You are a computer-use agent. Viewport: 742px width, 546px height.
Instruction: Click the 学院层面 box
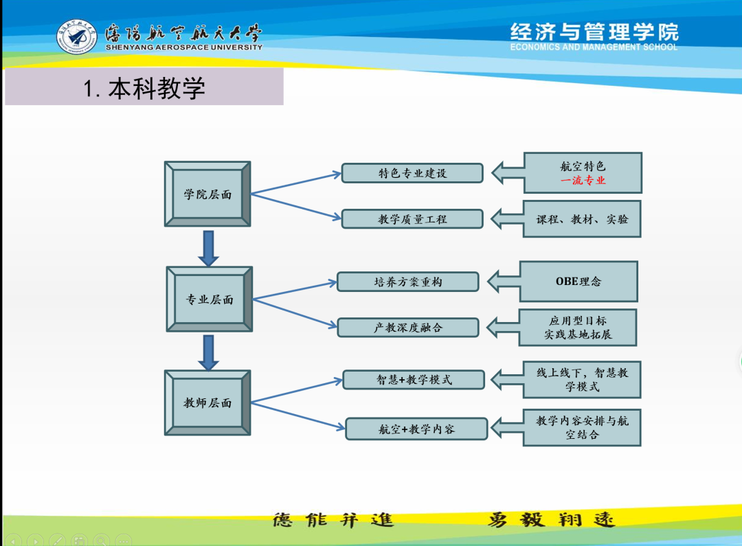point(207,194)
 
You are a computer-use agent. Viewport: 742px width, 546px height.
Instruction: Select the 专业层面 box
point(210,299)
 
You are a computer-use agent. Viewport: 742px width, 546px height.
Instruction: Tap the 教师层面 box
point(207,403)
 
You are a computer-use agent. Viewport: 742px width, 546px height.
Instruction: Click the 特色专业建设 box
point(412,173)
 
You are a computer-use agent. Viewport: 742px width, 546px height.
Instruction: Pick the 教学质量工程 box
point(412,219)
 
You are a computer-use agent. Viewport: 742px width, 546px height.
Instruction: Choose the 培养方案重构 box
point(408,282)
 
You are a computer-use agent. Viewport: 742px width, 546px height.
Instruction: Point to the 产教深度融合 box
point(408,328)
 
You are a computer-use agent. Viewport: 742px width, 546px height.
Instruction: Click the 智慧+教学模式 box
point(414,380)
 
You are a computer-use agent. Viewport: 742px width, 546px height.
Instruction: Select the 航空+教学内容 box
point(416,429)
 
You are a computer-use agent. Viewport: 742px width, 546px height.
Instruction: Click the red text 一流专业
point(583,181)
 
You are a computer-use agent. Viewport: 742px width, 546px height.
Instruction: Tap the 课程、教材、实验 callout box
point(583,219)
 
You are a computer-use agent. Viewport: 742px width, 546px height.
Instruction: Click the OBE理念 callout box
point(578,282)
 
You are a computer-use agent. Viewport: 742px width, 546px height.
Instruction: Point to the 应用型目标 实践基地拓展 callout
point(578,328)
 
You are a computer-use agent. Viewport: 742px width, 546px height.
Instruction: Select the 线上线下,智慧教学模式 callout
point(582,380)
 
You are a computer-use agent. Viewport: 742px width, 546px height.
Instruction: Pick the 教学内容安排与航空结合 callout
point(582,427)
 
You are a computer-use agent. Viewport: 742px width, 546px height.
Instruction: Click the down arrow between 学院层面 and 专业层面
point(208,248)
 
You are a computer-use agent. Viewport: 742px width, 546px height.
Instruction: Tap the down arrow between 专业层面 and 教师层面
point(208,352)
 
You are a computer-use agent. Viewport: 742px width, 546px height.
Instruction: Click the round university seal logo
point(77,37)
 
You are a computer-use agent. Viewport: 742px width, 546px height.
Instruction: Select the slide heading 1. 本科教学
point(144,88)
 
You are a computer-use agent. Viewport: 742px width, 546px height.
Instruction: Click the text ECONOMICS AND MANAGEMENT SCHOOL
point(594,47)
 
